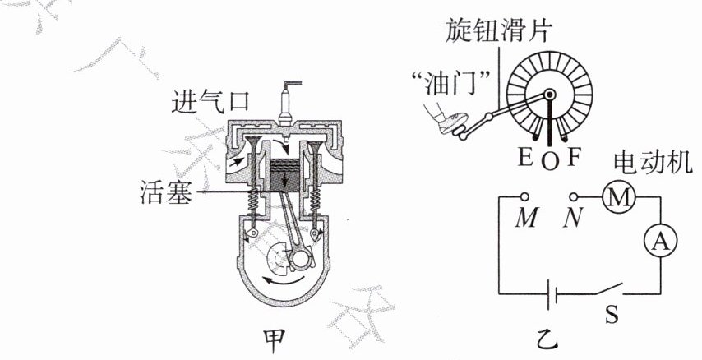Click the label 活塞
168,195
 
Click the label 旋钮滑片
498,32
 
